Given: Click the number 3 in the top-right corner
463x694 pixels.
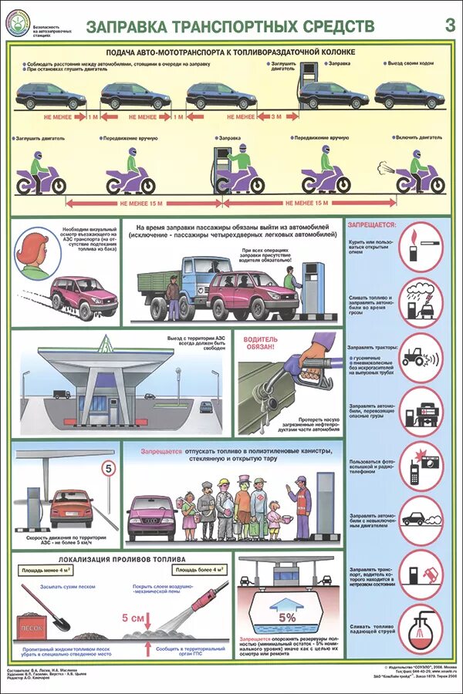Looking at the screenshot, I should coord(449,25).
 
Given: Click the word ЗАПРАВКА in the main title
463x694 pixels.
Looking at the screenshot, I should coord(128,27).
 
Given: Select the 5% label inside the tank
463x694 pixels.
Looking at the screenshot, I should coord(287,617).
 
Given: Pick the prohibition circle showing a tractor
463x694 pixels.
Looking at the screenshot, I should coord(422,356).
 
